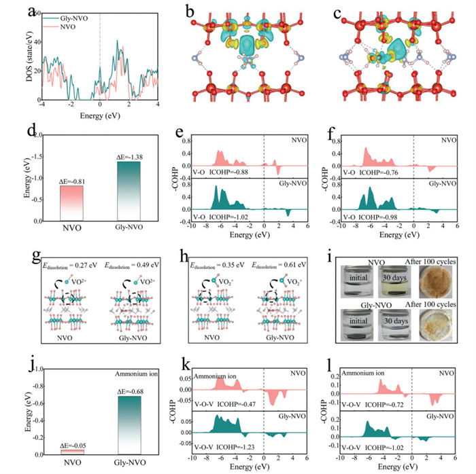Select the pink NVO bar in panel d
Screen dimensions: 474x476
point(70,204)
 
